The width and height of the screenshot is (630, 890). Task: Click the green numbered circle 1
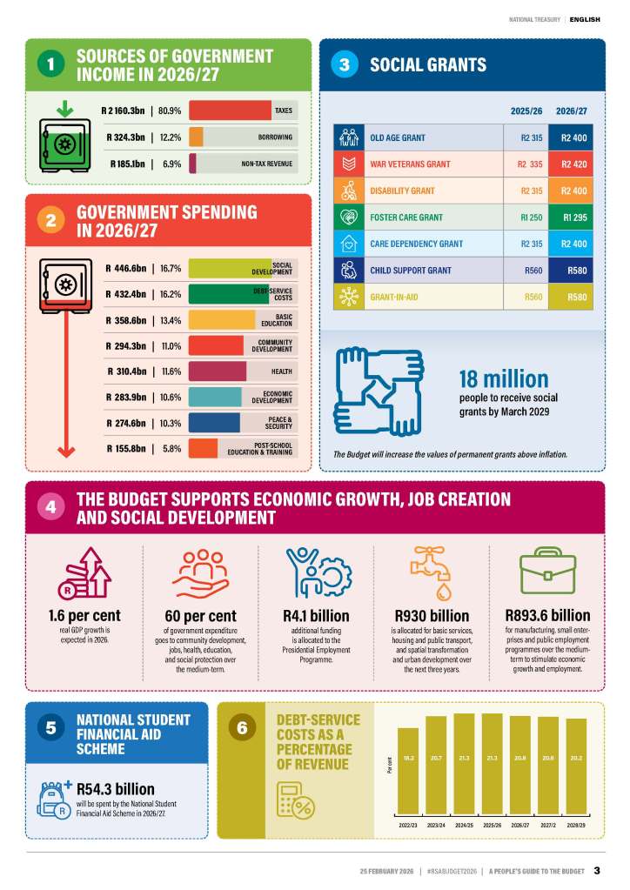[x=51, y=64]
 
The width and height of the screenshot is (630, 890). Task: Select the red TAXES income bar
[x=230, y=111]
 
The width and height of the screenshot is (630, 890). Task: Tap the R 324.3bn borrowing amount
[x=125, y=137]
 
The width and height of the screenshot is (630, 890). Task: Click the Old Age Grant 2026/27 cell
[x=573, y=137]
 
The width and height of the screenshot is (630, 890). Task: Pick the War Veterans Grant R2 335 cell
[x=525, y=164]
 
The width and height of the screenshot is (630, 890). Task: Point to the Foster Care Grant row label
[x=406, y=217]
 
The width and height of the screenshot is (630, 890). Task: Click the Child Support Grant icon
[x=347, y=271]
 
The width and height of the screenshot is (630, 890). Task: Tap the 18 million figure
[x=503, y=378]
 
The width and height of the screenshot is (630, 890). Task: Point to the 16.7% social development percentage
[x=171, y=269]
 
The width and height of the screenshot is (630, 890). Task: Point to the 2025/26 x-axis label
[x=492, y=824]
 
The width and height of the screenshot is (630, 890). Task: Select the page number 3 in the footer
[x=597, y=869]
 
